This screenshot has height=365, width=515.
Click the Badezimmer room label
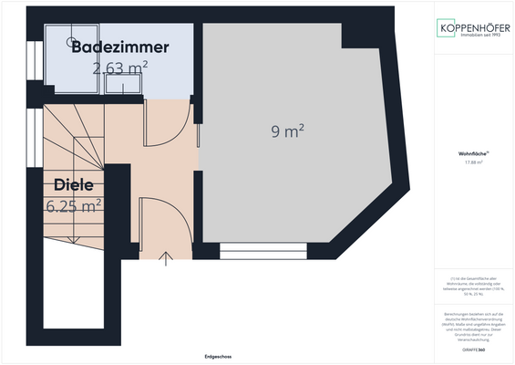(x=120, y=47)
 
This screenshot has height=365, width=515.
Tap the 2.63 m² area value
(x=120, y=68)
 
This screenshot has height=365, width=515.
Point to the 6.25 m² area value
(x=73, y=206)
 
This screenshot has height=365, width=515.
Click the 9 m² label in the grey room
(x=287, y=132)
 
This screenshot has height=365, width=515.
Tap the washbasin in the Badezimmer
(x=121, y=85)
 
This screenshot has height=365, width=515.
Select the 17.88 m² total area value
(x=472, y=163)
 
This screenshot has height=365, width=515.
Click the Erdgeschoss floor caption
(x=218, y=357)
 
